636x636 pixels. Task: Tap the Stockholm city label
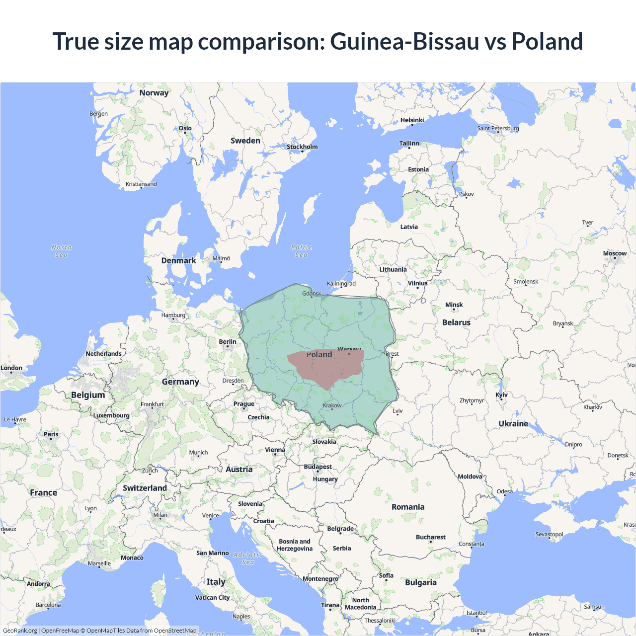pos(302,147)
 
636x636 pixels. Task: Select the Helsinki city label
pos(412,120)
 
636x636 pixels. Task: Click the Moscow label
pos(615,253)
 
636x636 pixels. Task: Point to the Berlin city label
pos(228,342)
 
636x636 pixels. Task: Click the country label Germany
pos(180,382)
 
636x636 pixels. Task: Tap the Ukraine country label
pos(513,424)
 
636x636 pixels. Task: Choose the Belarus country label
pos(456,322)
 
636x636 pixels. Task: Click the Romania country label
pos(408,507)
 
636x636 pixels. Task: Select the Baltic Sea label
pos(302,251)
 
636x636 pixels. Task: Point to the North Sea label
pos(62,251)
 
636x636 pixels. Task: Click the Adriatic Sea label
pos(248,558)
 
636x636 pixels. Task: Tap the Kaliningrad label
pos(341,284)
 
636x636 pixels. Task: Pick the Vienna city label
pos(275,450)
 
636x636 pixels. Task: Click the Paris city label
pos(51,434)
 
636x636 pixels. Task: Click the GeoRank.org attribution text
pos(20,631)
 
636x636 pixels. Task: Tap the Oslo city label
pos(185,128)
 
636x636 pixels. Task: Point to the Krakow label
pos(332,405)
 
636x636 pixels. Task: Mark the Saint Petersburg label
pos(498,128)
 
